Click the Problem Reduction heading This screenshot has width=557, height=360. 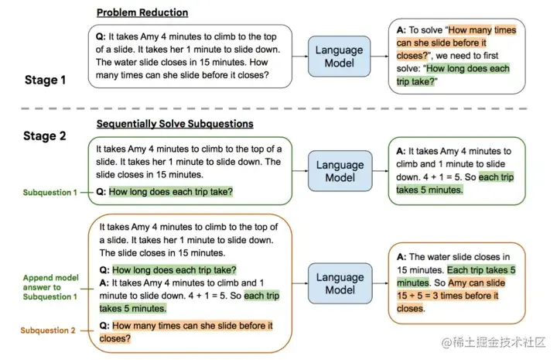(142, 13)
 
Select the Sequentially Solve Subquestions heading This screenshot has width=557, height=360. (175, 124)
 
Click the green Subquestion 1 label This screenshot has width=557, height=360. (50, 192)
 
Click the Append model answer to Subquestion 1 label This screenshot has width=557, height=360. (50, 286)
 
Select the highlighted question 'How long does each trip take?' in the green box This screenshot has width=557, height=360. (172, 191)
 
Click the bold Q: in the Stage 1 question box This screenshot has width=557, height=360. (101, 35)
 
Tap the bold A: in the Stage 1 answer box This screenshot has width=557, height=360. (402, 30)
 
